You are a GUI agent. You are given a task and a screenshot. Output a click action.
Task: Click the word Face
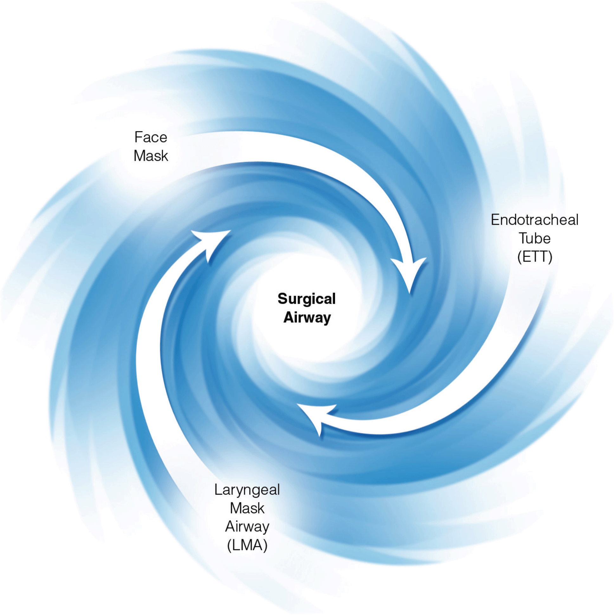[151, 137]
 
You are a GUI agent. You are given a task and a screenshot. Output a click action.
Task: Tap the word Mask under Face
[151, 156]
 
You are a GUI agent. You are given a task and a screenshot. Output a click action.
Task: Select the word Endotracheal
[534, 220]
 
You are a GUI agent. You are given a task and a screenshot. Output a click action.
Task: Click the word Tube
[534, 238]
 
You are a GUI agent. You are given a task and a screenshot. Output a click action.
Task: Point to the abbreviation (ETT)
[534, 256]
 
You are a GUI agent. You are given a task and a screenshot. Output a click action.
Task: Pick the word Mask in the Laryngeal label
[247, 508]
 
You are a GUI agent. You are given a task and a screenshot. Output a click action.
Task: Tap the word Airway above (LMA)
[247, 527]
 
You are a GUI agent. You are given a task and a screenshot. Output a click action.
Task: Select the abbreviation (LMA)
[247, 545]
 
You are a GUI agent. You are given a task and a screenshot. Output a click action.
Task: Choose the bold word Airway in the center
[307, 317]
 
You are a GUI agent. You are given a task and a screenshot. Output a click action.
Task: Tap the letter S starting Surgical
[282, 299]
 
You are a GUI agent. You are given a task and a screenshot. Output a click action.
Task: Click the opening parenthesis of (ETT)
[520, 257]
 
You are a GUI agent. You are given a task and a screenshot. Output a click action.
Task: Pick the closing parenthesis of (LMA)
[265, 546]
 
